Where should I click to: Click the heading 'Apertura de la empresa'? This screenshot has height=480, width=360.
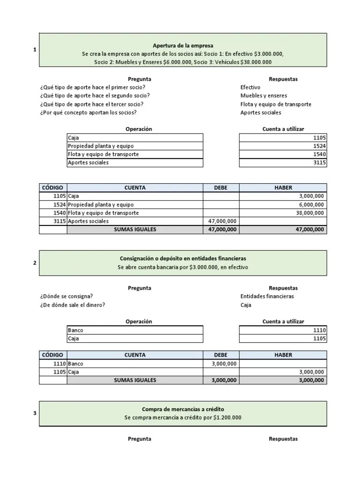click(183, 45)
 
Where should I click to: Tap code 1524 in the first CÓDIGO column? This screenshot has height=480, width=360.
click(59, 205)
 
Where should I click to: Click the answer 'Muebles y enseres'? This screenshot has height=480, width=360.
click(263, 96)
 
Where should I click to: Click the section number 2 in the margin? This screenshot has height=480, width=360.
click(35, 262)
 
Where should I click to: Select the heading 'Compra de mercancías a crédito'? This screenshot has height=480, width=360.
click(183, 409)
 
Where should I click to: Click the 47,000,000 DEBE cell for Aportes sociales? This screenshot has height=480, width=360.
click(221, 221)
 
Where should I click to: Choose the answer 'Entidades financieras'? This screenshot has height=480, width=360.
click(267, 296)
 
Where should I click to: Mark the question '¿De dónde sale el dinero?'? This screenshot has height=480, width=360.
click(73, 305)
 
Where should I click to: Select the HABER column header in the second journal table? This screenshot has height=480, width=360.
click(283, 355)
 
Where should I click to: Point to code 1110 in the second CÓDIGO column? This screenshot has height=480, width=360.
click(60, 363)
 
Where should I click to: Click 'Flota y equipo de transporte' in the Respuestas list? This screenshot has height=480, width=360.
click(276, 104)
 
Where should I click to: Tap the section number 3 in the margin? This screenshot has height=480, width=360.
click(35, 413)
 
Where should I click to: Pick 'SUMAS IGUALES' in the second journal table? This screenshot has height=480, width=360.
click(135, 380)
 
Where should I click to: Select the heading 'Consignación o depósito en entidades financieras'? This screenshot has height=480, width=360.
click(183, 258)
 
